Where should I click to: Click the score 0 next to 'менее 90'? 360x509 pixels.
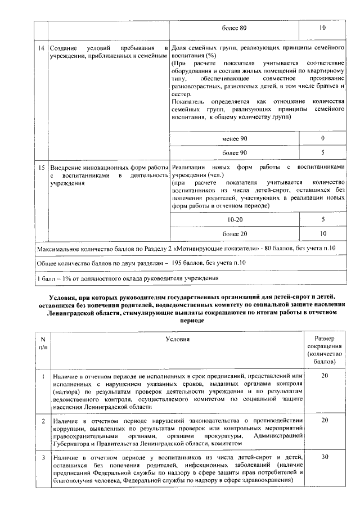[x=323, y=138]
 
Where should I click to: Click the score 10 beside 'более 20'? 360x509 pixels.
[x=323, y=233]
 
